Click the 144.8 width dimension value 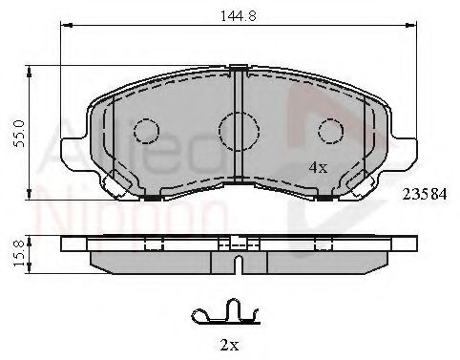235,14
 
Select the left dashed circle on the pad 146,129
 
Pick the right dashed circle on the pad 329,129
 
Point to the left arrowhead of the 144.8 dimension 66,29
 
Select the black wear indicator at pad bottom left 153,197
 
